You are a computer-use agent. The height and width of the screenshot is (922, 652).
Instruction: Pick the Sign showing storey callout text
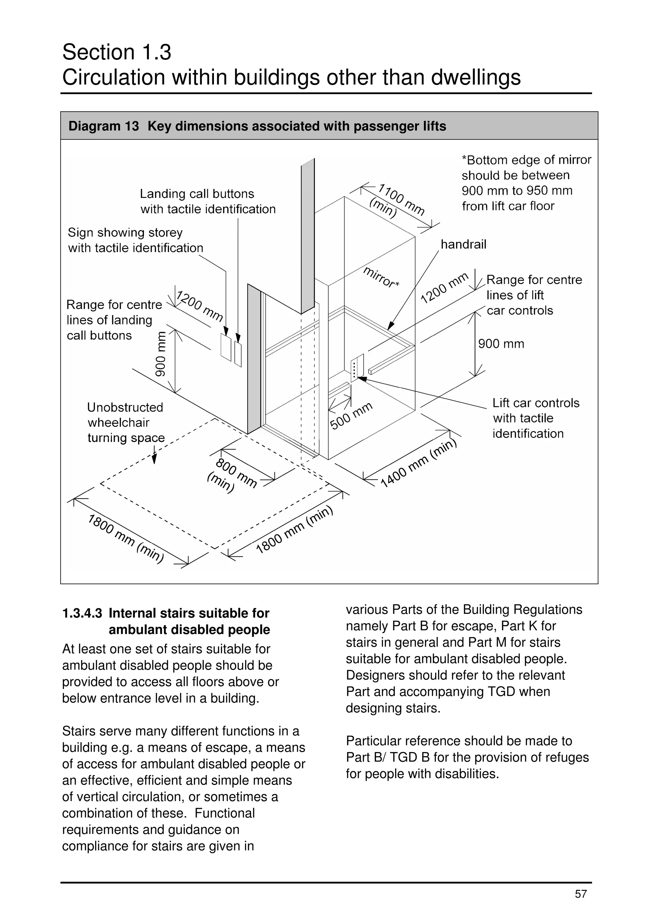pyautogui.click(x=135, y=240)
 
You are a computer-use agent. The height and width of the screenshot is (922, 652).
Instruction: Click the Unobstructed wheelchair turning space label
pyautogui.click(x=125, y=423)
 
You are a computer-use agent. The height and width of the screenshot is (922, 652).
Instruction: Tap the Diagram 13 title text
pyautogui.click(x=257, y=126)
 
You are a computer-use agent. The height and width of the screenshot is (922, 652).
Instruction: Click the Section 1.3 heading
pyautogui.click(x=117, y=52)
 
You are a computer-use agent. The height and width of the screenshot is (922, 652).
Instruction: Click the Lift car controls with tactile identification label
pyautogui.click(x=535, y=418)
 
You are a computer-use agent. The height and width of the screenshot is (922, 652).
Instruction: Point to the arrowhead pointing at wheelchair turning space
pyautogui.click(x=154, y=459)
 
